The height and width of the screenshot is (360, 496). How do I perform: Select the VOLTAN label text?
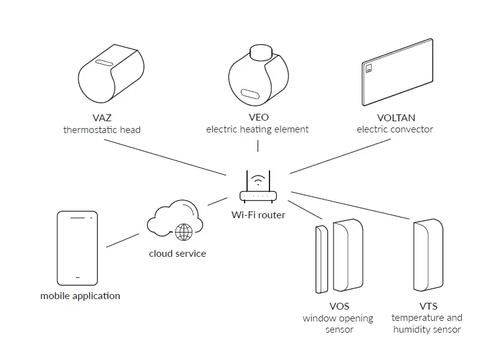click(x=395, y=118)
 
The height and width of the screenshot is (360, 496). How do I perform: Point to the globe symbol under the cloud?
click(x=184, y=233)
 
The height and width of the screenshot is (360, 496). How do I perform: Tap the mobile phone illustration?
click(x=78, y=247)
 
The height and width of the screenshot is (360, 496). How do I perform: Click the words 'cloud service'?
click(x=177, y=254)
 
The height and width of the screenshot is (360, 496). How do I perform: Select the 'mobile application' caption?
click(x=80, y=296)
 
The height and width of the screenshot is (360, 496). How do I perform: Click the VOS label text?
click(x=339, y=306)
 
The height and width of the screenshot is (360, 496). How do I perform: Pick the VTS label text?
click(x=428, y=306)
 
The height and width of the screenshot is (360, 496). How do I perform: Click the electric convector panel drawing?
click(x=398, y=73)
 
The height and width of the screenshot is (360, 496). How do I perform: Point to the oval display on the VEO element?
click(x=250, y=95)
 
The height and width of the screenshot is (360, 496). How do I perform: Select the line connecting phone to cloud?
click(x=123, y=241)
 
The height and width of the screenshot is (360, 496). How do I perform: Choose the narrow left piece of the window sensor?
click(x=322, y=258)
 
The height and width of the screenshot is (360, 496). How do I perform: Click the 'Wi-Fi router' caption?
click(x=258, y=215)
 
